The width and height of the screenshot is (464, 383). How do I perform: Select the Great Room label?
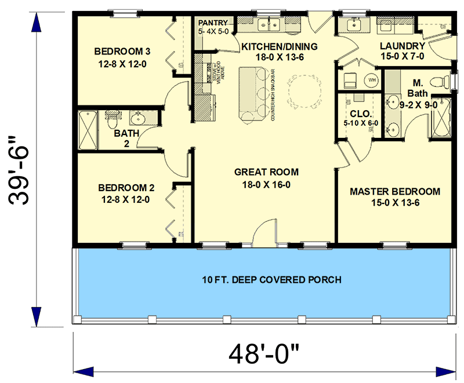(x=266, y=172)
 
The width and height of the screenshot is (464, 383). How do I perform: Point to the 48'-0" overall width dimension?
(x=264, y=353)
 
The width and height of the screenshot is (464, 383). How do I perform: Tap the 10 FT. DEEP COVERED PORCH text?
(x=264, y=280)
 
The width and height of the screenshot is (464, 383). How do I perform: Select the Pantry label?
(x=213, y=23)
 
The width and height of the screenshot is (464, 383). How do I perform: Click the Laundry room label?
(x=403, y=46)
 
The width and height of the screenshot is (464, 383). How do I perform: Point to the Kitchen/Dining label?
(x=280, y=46)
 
